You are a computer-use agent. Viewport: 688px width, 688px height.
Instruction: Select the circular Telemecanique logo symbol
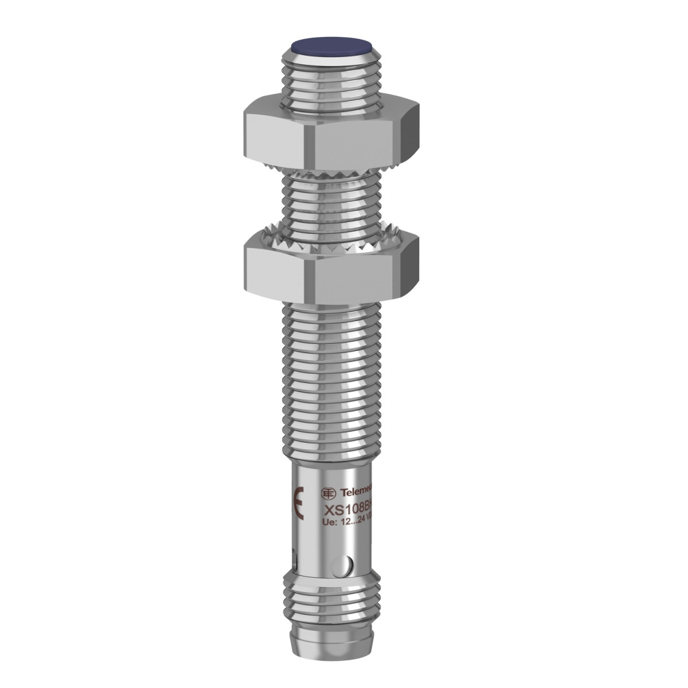(x=329, y=493)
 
